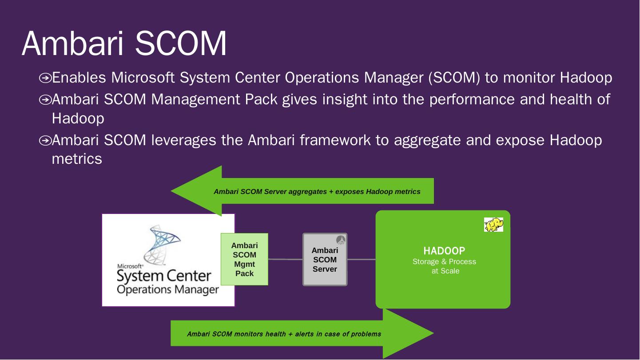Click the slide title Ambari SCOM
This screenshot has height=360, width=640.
point(124,44)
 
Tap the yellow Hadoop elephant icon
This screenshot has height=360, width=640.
point(493,225)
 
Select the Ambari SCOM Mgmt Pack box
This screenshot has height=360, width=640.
point(244,259)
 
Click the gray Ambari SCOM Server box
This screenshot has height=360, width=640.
point(325,260)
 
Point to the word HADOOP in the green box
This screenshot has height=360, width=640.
point(444,251)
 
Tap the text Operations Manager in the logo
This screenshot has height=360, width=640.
point(168,290)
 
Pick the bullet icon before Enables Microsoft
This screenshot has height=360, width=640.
point(45,79)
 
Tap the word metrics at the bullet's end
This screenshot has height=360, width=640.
point(77,159)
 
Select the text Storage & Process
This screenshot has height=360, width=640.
point(444,261)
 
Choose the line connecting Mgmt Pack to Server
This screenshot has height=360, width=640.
point(285,259)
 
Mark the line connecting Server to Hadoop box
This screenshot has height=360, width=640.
point(361,259)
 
